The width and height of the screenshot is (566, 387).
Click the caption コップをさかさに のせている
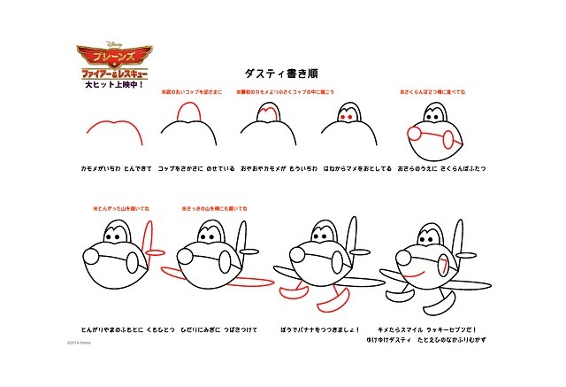(191, 166)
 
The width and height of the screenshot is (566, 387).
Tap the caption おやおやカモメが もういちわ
(272, 166)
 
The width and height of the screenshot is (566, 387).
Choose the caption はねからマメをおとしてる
(351, 166)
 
